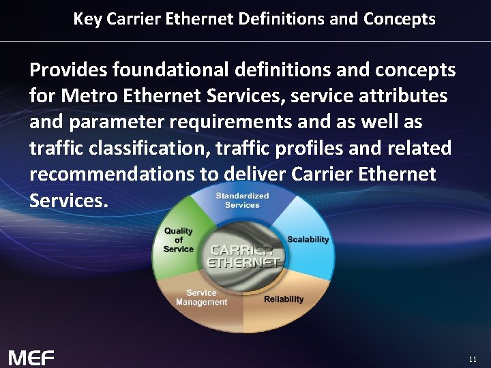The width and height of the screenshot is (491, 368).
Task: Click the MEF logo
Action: pyautogui.click(x=31, y=357)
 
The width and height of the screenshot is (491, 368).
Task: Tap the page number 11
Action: pyautogui.click(x=473, y=358)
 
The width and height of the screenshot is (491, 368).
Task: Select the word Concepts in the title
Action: pyautogui.click(x=399, y=19)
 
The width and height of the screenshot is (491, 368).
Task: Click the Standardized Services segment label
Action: pyautogui.click(x=242, y=200)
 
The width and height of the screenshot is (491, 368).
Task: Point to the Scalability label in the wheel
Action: pyautogui.click(x=308, y=239)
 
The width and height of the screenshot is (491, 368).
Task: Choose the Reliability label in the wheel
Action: pyautogui.click(x=284, y=299)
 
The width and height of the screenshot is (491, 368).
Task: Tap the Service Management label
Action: pyautogui.click(x=201, y=298)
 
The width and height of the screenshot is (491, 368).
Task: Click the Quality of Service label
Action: pyautogui.click(x=178, y=240)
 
